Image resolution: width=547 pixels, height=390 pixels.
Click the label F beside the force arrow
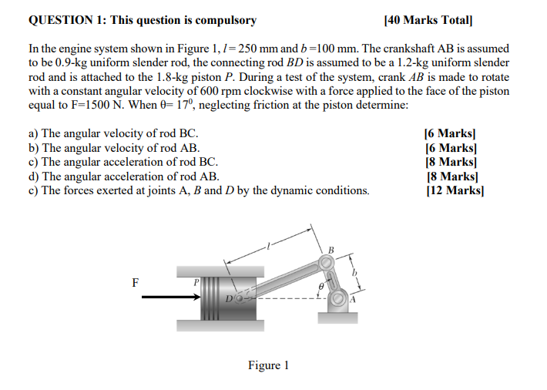pos(136,282)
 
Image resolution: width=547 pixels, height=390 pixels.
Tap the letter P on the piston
pos(196,283)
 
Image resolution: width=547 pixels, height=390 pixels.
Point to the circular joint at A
pos(338,298)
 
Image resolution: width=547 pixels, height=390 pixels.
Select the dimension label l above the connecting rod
pos(267,246)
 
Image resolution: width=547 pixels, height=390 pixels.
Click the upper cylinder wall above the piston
pos(220,271)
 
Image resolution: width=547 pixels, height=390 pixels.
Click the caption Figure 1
pos(267,365)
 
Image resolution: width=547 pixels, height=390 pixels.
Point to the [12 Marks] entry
pos(455,190)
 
